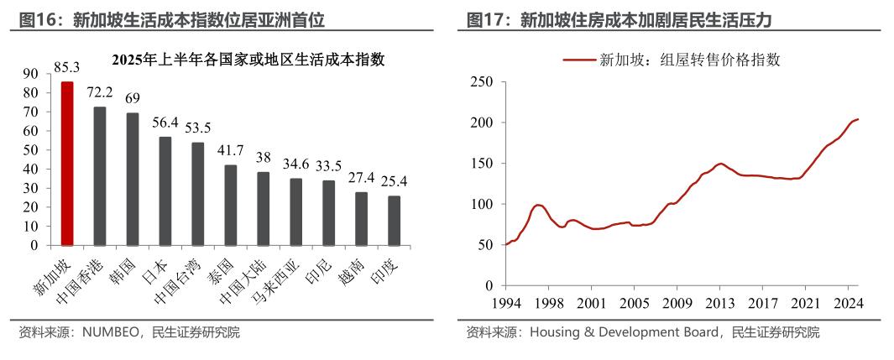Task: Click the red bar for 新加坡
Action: (x=67, y=164)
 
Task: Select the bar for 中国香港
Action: (x=100, y=176)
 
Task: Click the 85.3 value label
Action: (x=66, y=67)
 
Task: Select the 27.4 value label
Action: (x=361, y=178)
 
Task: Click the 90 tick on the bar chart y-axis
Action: (x=30, y=74)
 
